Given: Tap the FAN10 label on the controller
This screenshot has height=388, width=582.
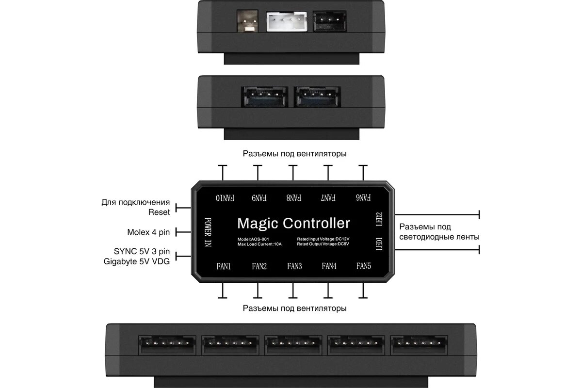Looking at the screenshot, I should tap(225, 198).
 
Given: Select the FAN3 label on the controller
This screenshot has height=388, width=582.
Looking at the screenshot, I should tap(294, 266).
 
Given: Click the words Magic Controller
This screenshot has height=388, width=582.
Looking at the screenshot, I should tap(293, 223).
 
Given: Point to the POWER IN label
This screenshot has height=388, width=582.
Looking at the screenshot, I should tap(208, 232).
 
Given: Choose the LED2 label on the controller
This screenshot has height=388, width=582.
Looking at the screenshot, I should tap(379, 219).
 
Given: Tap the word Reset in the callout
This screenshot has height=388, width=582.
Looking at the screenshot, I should tap(159, 212).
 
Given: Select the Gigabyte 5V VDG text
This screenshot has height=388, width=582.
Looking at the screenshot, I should tap(137, 262).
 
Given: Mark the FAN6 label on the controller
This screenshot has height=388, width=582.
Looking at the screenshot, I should tap(363, 198).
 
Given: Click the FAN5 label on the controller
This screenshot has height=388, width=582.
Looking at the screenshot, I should tap(364, 266).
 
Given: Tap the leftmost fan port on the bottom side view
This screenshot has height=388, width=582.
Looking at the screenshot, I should tap(167, 344).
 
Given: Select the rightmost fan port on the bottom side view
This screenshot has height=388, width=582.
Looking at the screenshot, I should tap(419, 344).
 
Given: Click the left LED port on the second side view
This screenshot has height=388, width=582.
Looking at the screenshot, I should tap(264, 97).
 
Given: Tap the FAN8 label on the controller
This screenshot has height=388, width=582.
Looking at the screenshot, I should tap(294, 198).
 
